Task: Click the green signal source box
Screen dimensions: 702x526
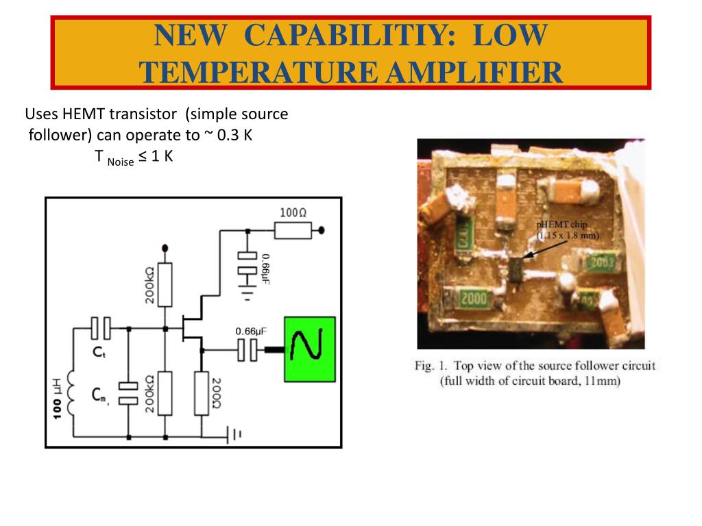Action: [310, 349]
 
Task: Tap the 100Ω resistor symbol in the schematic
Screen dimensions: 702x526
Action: [293, 231]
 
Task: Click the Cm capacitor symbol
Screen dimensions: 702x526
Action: [128, 392]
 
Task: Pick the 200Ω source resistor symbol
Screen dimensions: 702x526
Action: [202, 392]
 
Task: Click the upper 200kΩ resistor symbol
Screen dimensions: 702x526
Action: [164, 284]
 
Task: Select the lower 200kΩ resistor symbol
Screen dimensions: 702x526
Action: [164, 392]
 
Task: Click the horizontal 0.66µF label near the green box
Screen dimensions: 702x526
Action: [251, 331]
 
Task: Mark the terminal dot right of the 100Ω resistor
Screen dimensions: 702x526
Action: [322, 231]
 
